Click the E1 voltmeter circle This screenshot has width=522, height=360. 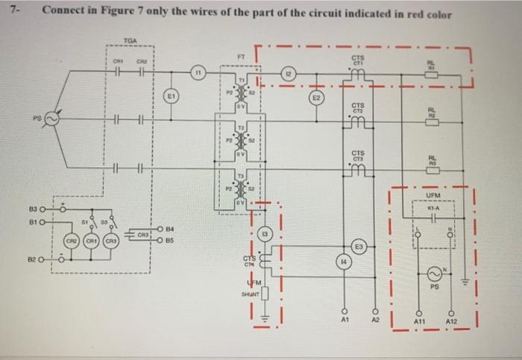(171, 95)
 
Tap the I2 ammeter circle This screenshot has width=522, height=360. (288, 74)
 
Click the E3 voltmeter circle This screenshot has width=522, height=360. (359, 247)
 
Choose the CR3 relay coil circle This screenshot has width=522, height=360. (110, 242)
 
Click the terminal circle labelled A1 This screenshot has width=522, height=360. (345, 309)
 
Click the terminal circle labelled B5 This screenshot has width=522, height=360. (160, 241)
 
